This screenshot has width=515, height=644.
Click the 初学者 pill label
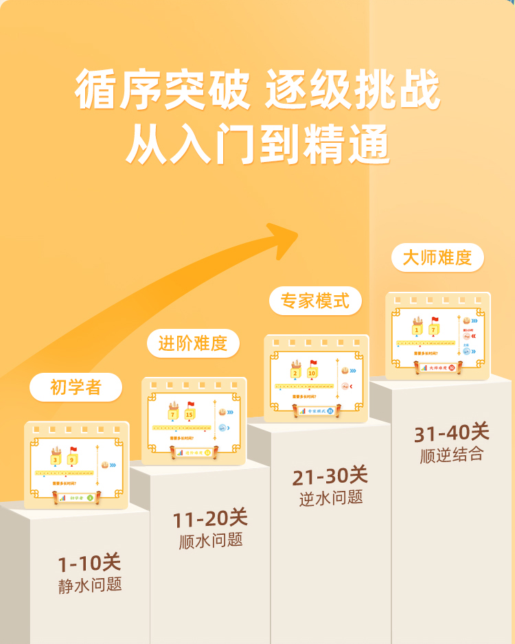point(76,387)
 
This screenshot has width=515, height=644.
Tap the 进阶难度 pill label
point(193,343)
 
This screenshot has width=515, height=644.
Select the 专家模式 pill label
point(315,301)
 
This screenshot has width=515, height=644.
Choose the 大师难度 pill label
point(437,257)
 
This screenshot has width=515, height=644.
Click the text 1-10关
point(89,564)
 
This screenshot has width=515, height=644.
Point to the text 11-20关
point(210,518)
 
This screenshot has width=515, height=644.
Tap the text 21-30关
point(330,475)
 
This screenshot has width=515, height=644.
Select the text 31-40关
point(451,433)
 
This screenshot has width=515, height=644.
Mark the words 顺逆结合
point(452,455)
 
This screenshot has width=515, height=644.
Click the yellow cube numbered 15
point(189,415)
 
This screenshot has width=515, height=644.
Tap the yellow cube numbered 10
point(312,373)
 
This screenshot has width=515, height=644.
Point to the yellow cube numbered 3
point(55,460)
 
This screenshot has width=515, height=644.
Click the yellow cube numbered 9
point(71,460)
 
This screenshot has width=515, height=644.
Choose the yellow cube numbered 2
point(296,373)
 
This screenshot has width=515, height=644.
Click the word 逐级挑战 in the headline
point(352,90)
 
